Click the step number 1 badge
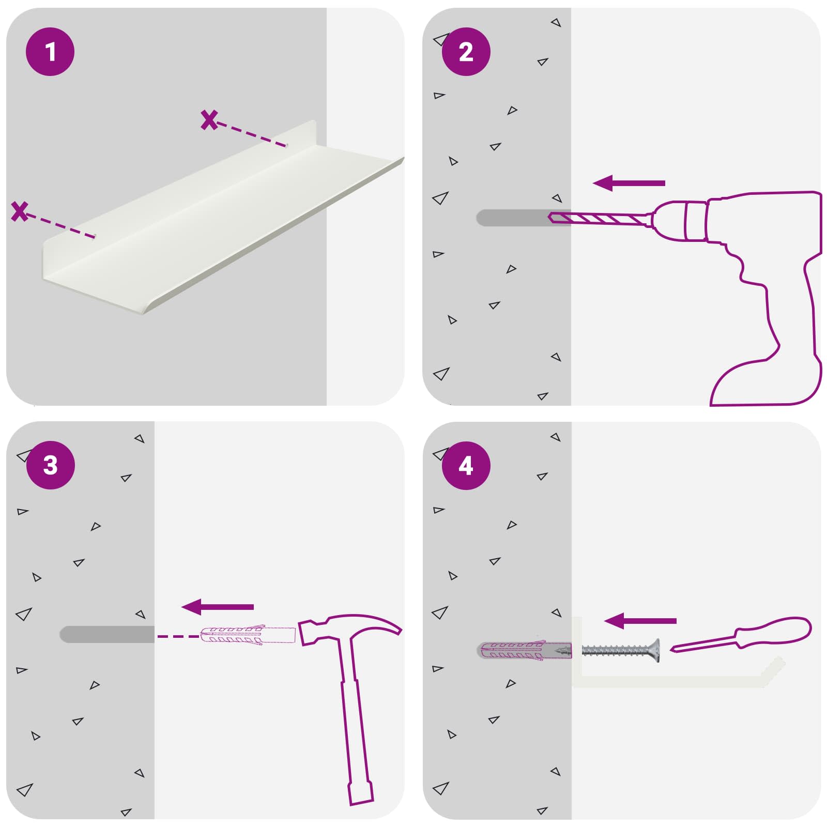(50, 52)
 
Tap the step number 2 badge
(466, 52)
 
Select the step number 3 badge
(50, 465)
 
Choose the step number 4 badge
(466, 465)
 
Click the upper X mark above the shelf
(209, 120)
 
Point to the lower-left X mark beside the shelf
(20, 211)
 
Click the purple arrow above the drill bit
(629, 183)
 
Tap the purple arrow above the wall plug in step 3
(218, 607)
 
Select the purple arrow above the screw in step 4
(640, 621)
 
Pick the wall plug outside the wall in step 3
(248, 636)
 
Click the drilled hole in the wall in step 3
(107, 635)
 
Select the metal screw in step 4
(621, 650)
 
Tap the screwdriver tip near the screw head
(672, 649)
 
